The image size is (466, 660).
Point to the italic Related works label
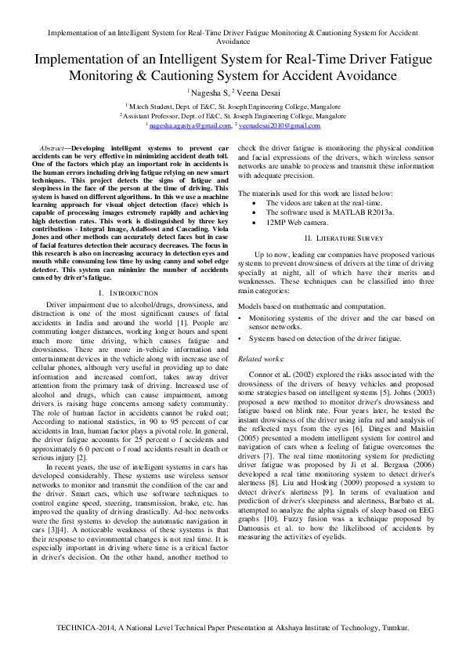tap(260, 357)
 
